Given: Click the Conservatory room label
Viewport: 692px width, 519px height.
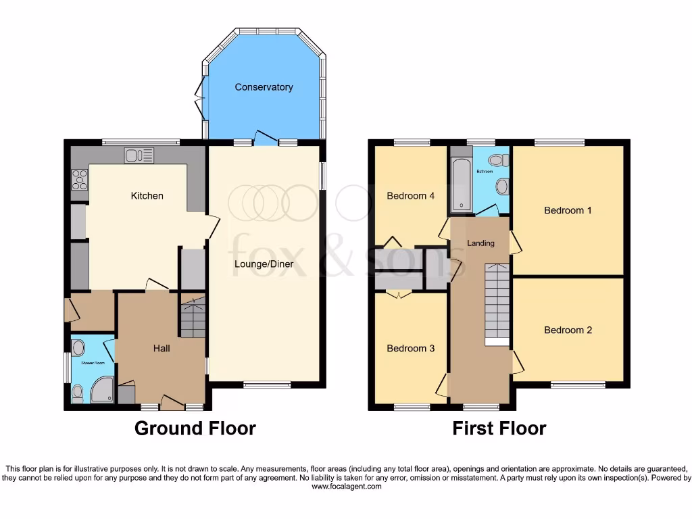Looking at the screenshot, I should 264,87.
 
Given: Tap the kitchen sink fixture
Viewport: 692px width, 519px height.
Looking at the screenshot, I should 139,155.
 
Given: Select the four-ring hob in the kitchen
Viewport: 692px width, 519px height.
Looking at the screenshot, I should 80,180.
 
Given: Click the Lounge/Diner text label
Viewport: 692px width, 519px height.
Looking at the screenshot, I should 264,264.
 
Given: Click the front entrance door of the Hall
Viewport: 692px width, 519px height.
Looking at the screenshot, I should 172,403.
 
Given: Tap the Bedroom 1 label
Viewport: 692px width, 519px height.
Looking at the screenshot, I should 568,210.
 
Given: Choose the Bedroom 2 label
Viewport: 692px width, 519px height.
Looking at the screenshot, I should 568,330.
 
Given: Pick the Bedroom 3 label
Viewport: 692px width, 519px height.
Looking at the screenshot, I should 410,349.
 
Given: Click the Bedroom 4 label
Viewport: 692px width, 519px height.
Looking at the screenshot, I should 410,196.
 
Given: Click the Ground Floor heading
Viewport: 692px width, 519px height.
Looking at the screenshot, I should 195,428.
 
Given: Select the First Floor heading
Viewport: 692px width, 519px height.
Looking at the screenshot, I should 499,428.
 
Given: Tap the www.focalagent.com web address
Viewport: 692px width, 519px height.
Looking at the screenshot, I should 345,487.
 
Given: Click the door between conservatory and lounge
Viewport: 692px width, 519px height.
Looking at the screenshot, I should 266,139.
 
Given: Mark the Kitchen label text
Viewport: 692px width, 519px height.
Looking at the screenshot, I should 147,196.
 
